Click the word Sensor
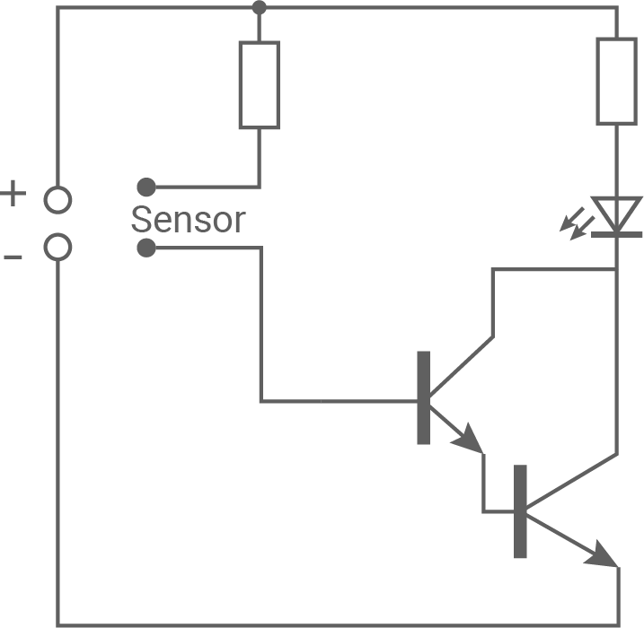coord(187,219)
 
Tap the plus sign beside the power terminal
coord(13,193)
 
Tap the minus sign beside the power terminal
coord(13,257)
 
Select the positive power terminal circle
coord(58,199)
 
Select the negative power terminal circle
coord(58,246)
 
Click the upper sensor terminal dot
coord(146,187)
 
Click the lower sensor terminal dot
coord(146,248)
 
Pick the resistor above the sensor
coord(259,84)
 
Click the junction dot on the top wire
coord(260,8)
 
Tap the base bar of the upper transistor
coord(423,397)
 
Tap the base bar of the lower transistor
coord(520,511)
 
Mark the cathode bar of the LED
coord(618,235)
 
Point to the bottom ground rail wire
coord(332,625)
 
